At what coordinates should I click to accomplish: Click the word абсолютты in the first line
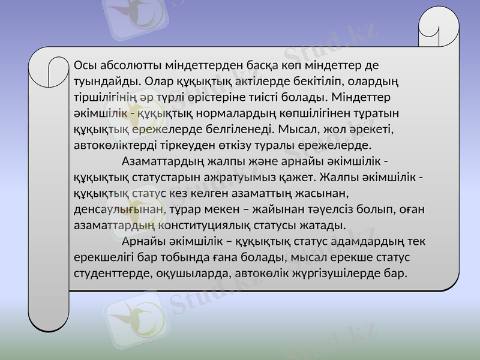pos(118,64)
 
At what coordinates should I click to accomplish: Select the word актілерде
pos(269,80)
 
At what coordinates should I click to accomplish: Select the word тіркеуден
pos(188,145)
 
